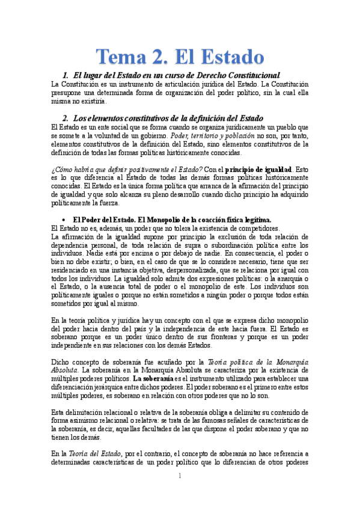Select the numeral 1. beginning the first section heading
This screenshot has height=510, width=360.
(66, 75)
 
